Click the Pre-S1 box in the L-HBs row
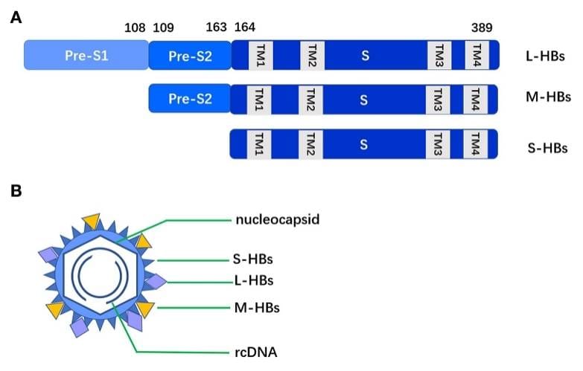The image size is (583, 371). (x=86, y=56)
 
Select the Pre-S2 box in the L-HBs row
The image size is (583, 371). (x=190, y=56)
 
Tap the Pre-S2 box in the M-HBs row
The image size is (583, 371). (x=190, y=99)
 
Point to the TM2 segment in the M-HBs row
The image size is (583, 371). (x=311, y=99)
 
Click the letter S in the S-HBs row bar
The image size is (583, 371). (x=363, y=143)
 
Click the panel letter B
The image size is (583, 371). (x=16, y=191)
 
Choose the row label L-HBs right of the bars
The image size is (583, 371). (x=544, y=57)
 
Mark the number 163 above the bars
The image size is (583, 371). (x=215, y=28)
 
